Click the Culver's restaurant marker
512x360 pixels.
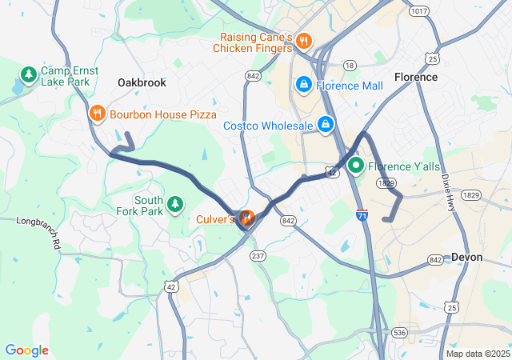pos(246,217)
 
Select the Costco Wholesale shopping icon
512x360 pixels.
pos(326,125)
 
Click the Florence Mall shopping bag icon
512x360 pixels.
pos(304,84)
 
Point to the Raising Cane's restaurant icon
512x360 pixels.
pos(303,41)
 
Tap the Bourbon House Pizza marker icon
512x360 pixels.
pos(97,113)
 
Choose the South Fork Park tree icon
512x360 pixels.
pos(175,206)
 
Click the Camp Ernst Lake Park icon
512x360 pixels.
pos(28,76)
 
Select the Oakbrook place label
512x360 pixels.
pos(142,82)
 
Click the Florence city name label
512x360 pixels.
pos(416,77)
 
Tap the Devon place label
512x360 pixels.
pos(466,257)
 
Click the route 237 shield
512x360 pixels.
pos(258,255)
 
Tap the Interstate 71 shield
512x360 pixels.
pos(362,215)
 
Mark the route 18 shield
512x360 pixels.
pos(350,65)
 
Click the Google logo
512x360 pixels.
pos(26,350)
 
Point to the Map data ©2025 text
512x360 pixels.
pos(477,354)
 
